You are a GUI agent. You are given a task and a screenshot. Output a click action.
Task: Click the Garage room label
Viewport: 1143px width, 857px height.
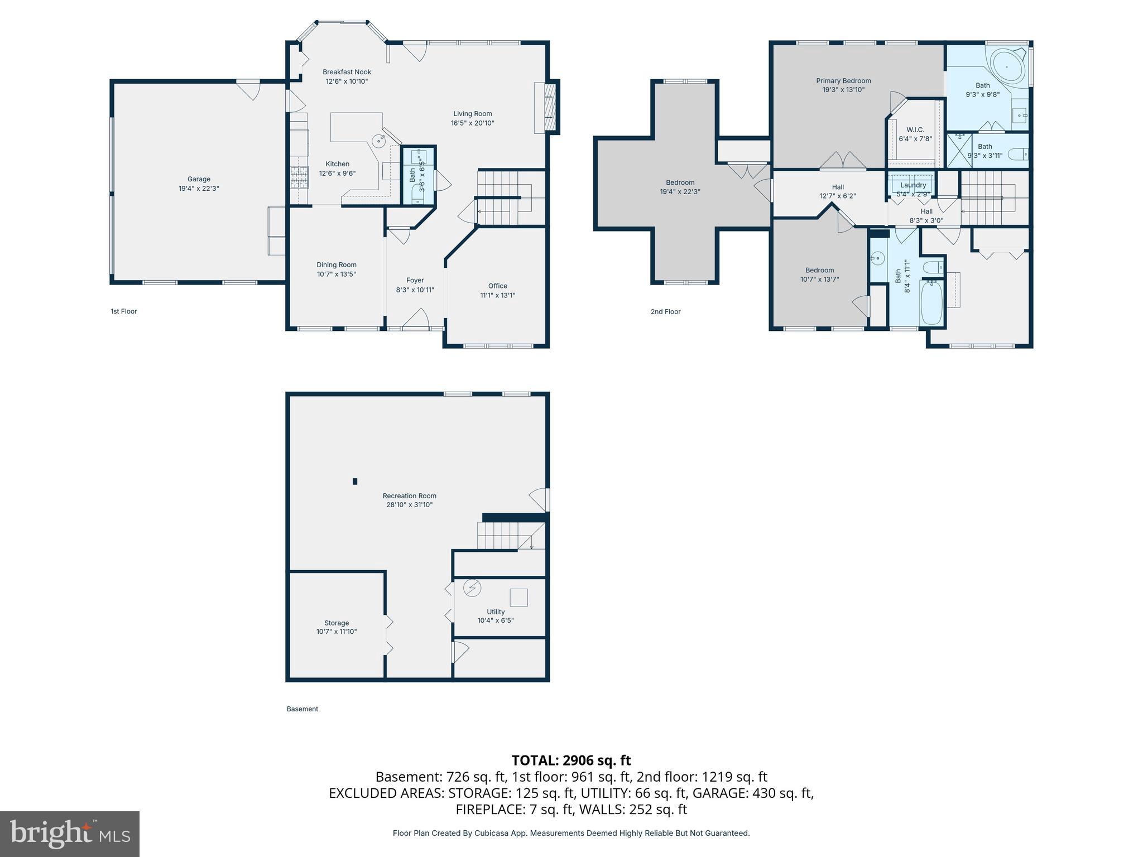click(199, 179)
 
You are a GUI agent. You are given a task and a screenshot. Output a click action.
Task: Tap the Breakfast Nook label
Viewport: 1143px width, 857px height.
click(347, 72)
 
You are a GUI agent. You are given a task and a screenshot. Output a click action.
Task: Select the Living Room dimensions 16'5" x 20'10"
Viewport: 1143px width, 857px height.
click(472, 123)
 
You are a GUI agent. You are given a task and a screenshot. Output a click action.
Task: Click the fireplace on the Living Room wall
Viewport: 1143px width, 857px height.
click(548, 108)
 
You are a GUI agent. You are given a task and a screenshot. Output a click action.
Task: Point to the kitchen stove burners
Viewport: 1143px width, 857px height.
click(299, 177)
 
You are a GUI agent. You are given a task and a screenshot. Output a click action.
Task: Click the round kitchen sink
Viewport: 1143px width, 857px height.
click(379, 141)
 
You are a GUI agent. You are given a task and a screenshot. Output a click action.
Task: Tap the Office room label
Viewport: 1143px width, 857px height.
click(497, 286)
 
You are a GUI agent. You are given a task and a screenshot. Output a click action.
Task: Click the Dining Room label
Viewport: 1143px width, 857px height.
click(336, 265)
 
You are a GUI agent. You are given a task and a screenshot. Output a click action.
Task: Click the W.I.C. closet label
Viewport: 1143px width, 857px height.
click(915, 129)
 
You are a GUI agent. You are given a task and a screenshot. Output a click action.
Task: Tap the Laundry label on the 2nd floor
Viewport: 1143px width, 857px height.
click(913, 185)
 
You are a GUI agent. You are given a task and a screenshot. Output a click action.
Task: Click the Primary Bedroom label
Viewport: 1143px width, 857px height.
click(843, 81)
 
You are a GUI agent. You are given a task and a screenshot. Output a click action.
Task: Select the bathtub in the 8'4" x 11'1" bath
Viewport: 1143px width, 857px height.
click(931, 303)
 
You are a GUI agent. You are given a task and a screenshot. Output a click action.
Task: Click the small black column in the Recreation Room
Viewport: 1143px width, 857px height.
click(355, 481)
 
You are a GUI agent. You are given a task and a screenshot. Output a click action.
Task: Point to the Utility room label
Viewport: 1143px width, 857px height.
click(495, 612)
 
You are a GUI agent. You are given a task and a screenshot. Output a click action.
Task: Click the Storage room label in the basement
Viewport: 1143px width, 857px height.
click(336, 623)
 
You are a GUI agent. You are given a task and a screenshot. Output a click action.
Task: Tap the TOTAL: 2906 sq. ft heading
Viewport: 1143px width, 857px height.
click(571, 760)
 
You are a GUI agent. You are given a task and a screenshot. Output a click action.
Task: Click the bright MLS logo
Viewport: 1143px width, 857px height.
click(70, 834)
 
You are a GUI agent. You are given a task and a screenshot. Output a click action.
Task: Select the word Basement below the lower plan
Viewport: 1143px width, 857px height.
click(302, 709)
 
